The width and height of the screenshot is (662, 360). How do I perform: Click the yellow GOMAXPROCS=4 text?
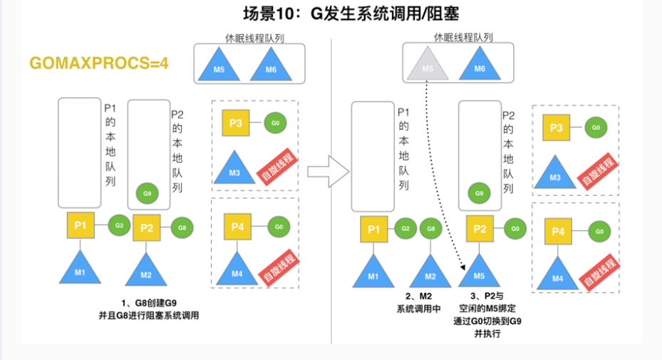point(98,62)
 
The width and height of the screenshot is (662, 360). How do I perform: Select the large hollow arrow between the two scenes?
point(328,170)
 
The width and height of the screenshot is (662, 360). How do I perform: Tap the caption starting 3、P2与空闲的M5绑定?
point(487,314)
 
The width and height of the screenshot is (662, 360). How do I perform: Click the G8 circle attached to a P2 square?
point(182,228)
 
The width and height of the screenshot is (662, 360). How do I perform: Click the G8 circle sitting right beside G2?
point(429,229)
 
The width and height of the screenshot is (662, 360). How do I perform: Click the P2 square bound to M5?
point(480,229)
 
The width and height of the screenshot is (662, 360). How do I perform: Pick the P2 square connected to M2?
point(146,228)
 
